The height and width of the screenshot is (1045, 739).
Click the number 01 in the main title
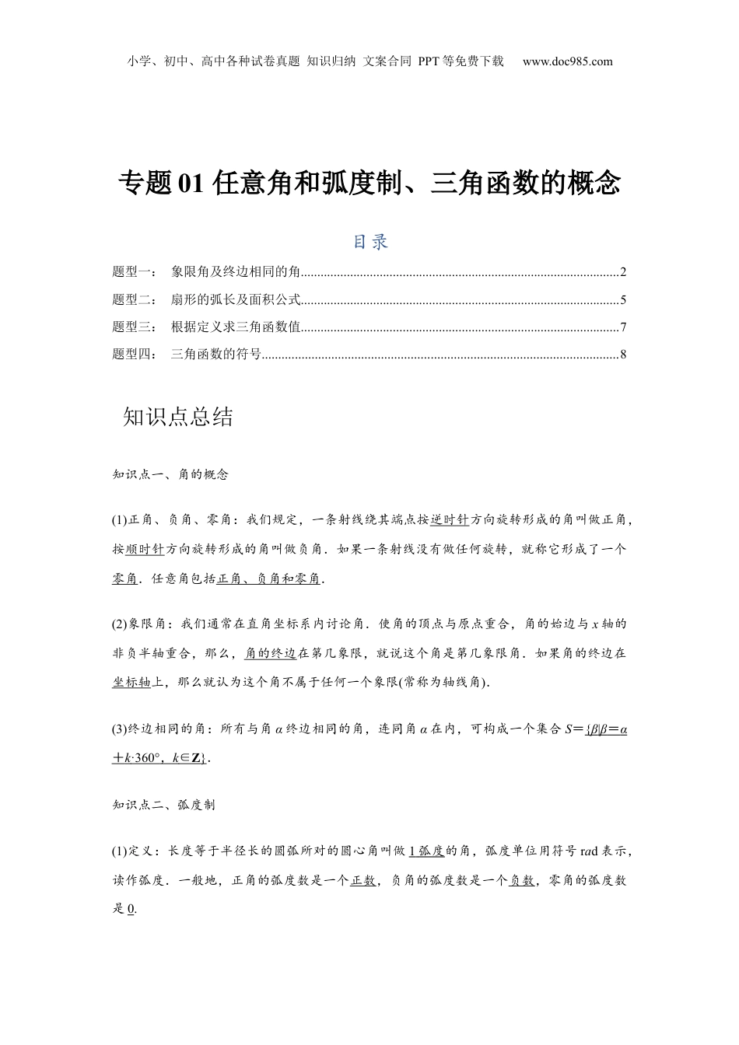[x=191, y=183]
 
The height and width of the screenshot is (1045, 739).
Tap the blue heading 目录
[x=370, y=242]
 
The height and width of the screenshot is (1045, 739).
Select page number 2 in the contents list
[x=623, y=272]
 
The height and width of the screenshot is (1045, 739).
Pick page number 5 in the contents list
[x=623, y=300]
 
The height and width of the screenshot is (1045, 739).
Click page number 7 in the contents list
[x=623, y=327]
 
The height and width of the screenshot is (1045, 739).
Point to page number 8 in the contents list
[x=623, y=355]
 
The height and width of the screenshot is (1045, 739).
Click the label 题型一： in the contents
[x=135, y=272]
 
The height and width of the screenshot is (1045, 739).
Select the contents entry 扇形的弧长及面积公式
[x=236, y=300]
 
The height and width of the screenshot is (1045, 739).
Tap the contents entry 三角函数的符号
[x=215, y=355]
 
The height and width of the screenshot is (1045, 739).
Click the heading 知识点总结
[x=178, y=417]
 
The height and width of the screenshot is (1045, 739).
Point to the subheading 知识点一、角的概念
[x=170, y=474]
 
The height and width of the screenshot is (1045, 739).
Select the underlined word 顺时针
[x=145, y=549]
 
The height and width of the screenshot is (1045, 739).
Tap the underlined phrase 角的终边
[x=270, y=653]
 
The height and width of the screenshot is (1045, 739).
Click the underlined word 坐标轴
[x=131, y=682]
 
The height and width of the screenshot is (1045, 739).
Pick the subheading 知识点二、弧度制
[x=164, y=805]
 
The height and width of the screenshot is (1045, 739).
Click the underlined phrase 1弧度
[x=426, y=851]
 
